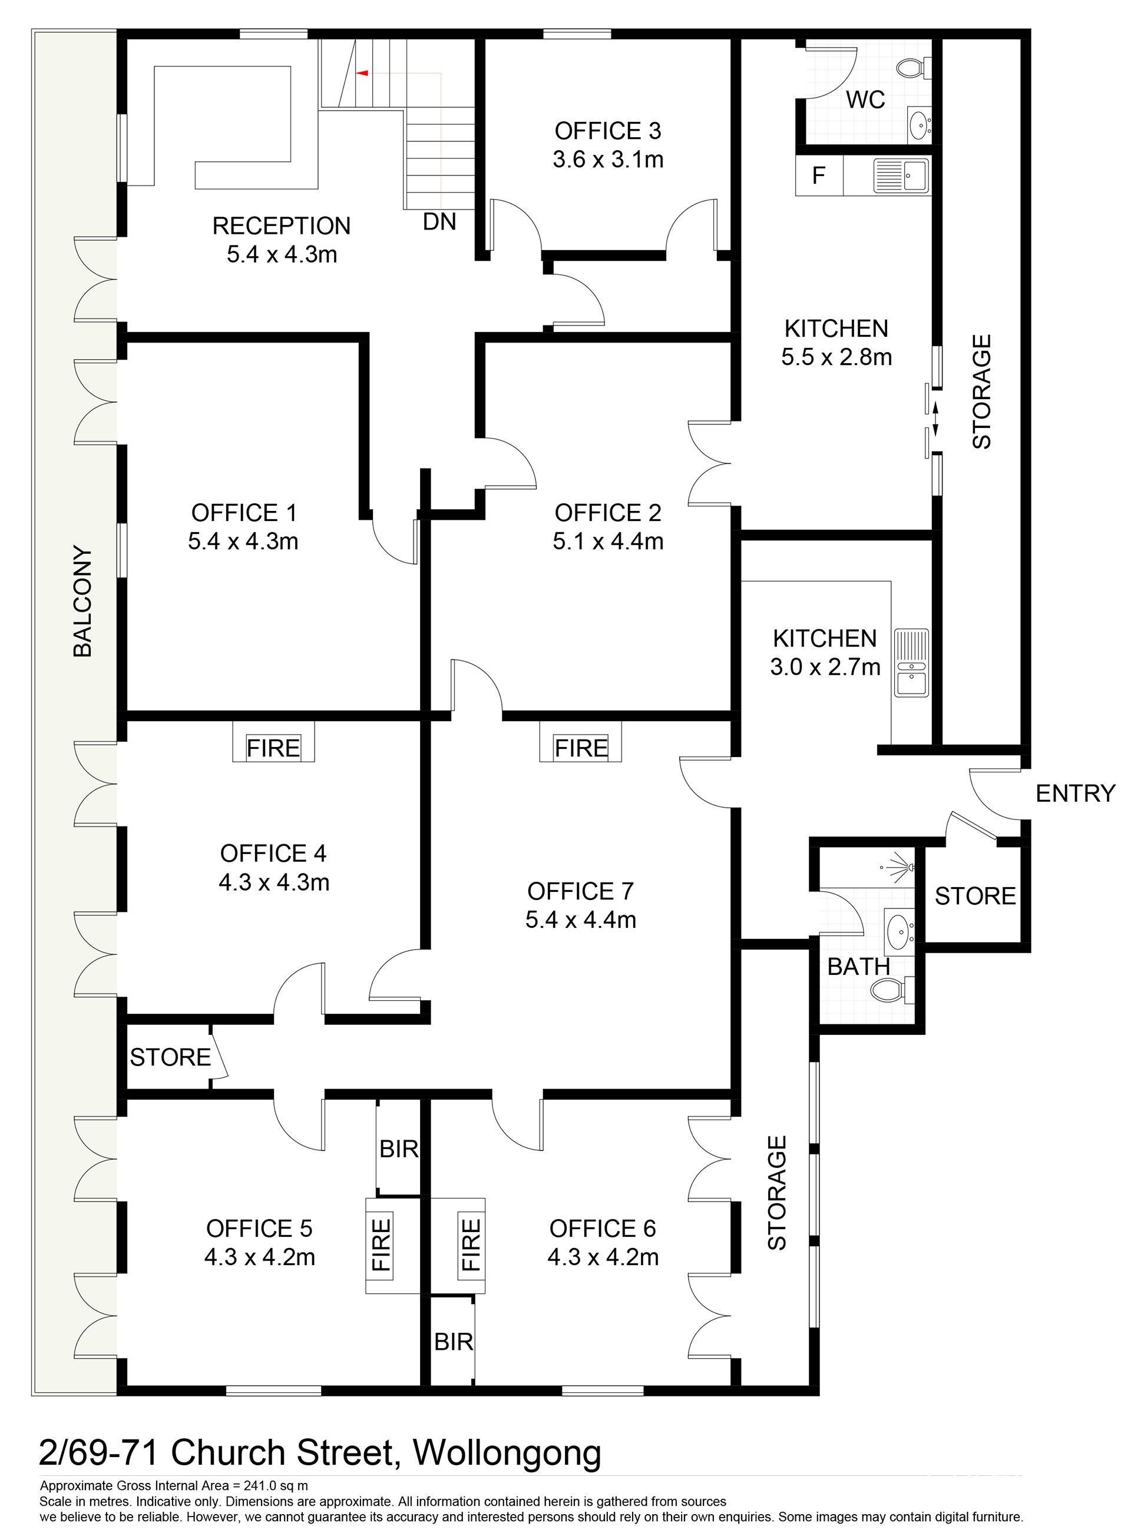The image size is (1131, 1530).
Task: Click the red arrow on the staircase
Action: pos(362,72)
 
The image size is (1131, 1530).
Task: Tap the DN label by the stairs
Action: pos(439,222)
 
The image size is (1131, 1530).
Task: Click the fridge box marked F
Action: pos(819,176)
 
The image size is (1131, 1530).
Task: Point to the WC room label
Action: pos(865,99)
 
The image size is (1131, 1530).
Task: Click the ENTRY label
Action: pos(1076,794)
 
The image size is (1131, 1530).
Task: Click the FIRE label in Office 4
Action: pos(273,748)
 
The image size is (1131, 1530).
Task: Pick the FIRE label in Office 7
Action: pos(581,748)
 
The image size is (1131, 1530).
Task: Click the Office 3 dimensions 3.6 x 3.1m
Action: pos(608,160)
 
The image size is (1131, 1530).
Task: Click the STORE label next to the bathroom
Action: pos(975,896)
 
